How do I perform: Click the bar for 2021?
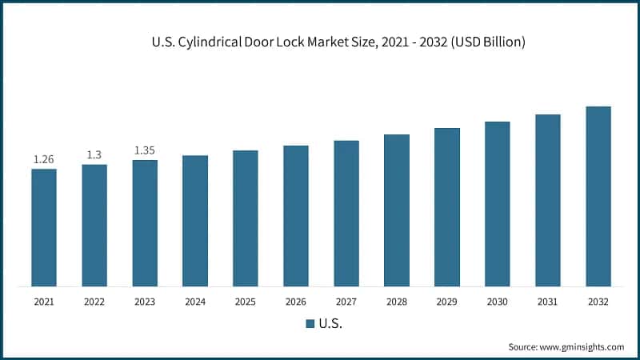44,227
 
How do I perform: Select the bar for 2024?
195,221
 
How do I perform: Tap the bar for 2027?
346,214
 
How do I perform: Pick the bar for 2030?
498,204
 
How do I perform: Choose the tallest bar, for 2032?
598,196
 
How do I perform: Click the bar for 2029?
447,207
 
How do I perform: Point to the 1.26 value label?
44,160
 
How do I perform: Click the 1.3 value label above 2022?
94,155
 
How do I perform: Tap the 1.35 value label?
145,150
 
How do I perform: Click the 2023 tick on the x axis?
145,302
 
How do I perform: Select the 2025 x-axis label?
246,302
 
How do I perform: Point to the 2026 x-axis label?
296,302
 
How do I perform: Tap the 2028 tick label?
397,302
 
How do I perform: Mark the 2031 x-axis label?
548,302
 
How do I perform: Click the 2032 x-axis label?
598,302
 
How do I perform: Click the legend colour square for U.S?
310,324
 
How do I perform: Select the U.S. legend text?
330,324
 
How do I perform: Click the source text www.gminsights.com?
582,347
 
